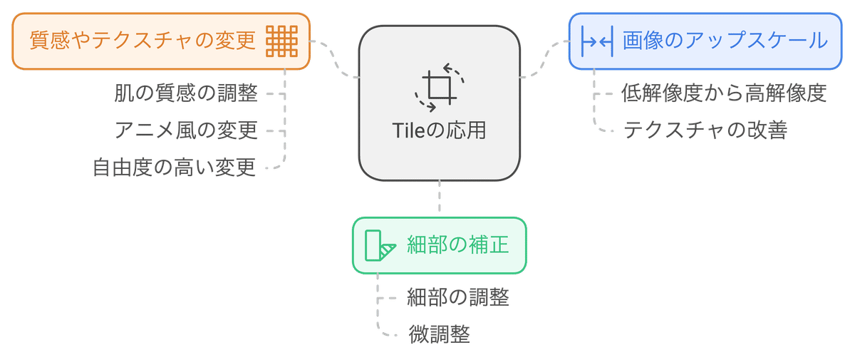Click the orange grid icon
[281, 41]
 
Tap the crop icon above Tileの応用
[438, 87]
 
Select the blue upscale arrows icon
[596, 41]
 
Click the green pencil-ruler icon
[379, 246]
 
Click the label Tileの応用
[438, 131]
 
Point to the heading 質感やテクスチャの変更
[142, 41]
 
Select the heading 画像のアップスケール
[725, 41]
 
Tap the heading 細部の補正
[457, 245]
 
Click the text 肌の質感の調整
[185, 93]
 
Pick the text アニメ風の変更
[185, 130]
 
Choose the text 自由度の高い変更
[174, 168]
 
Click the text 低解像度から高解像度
[724, 93]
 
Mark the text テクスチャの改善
[705, 131]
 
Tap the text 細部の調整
[457, 297]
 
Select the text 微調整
[439, 334]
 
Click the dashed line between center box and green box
[439, 197]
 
